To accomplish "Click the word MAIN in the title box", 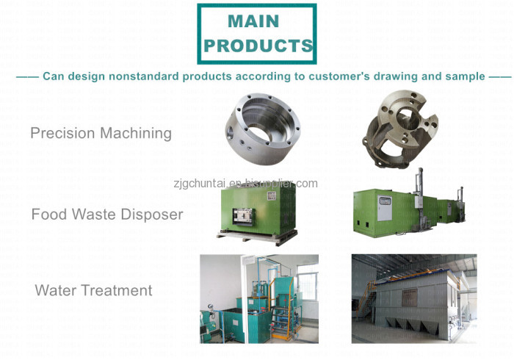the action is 253,21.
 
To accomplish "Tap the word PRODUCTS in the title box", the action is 258,46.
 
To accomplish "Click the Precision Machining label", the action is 101,134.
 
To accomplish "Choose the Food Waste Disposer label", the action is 107,215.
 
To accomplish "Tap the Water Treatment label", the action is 93,290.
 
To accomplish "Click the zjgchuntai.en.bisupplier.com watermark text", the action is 245,183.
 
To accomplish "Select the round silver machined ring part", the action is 263,129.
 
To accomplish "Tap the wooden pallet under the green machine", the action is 257,237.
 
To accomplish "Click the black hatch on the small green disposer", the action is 243,217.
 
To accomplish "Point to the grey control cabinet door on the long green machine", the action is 384,208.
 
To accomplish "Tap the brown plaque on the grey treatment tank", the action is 409,298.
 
